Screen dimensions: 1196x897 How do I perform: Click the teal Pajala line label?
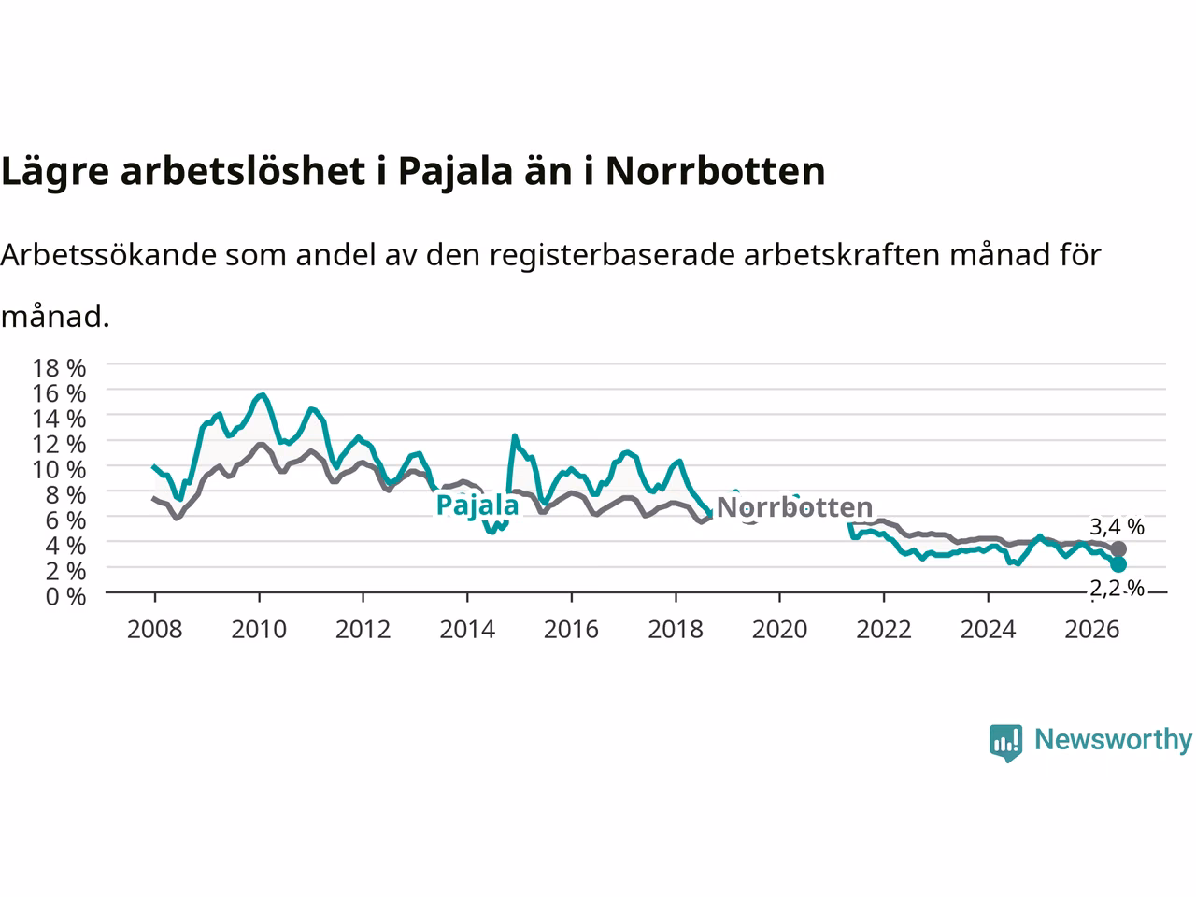tap(477, 505)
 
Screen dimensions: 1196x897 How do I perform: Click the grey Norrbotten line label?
tap(794, 507)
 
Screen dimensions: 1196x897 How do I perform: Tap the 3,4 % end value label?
tap(1117, 527)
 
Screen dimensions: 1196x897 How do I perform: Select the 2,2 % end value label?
tap(1117, 589)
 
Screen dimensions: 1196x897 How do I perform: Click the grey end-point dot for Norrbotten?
tap(1118, 549)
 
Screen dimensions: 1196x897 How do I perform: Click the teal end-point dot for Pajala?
tap(1118, 564)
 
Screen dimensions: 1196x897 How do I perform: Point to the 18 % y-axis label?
tap(59, 368)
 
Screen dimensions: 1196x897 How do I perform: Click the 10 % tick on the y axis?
tap(59, 469)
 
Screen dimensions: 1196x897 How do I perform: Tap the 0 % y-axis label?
tap(66, 596)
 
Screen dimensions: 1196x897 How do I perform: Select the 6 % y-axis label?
tap(66, 520)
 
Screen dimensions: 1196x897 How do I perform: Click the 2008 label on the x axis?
tap(155, 630)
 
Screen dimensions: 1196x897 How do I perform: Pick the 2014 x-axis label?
tap(467, 630)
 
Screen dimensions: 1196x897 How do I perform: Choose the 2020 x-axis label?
tap(779, 630)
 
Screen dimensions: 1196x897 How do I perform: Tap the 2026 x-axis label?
tap(1092, 630)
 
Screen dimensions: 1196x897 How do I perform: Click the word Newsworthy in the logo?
tap(1113, 740)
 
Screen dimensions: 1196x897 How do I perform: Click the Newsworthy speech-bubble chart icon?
tap(1005, 743)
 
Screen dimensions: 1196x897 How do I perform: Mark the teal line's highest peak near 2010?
tap(263, 395)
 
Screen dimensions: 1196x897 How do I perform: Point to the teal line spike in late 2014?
tap(514, 435)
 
